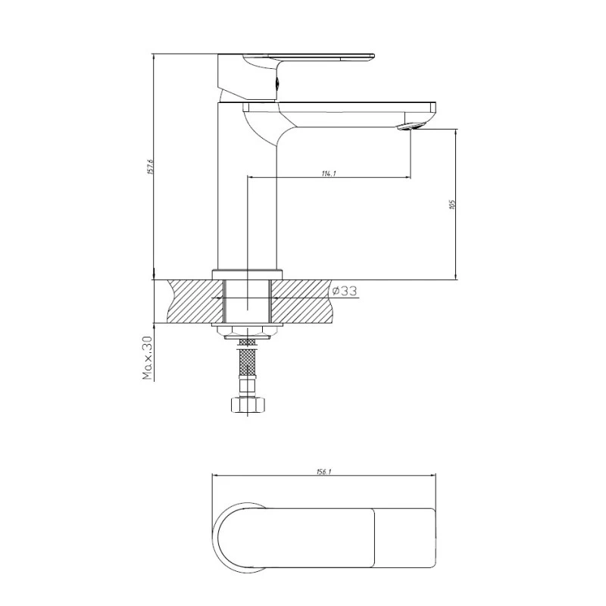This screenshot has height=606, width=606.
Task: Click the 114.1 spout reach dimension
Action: [328, 174]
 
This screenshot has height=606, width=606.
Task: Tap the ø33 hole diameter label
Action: [344, 291]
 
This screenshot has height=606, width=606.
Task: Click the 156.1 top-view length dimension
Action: [323, 471]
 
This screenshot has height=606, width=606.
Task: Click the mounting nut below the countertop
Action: [247, 330]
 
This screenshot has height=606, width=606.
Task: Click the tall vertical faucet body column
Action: [247, 189]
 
